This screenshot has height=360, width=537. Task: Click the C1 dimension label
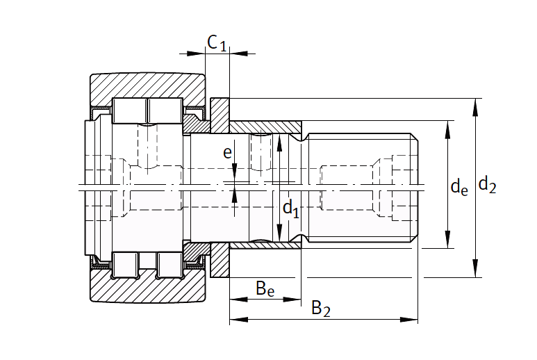[216, 43]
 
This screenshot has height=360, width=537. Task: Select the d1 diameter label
[290, 207]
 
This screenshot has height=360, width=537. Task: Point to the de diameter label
[458, 186]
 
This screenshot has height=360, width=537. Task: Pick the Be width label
[264, 288]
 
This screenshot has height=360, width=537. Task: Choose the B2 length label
[320, 308]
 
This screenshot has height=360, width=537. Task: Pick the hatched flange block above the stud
[220, 115]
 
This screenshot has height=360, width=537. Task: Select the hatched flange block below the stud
[220, 261]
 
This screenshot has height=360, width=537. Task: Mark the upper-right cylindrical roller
[165, 110]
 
